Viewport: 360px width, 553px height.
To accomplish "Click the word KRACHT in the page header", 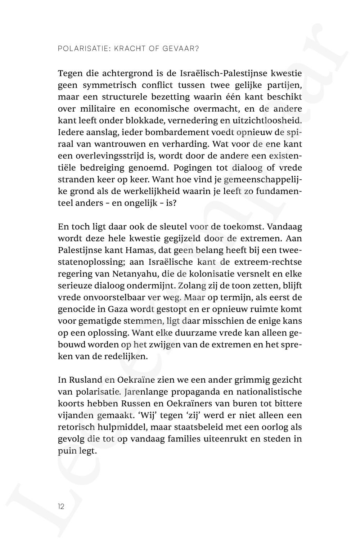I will pos(127,48).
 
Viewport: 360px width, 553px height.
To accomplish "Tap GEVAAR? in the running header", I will pos(181,48).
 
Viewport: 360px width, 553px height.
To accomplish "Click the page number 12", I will pos(61,506).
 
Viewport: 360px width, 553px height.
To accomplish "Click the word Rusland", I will pos(80,380).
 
